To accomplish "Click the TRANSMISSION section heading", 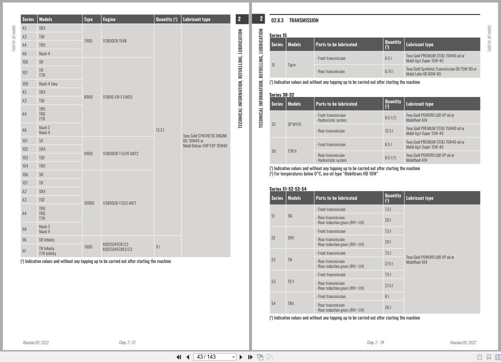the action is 304,20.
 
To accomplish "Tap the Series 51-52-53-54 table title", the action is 288,189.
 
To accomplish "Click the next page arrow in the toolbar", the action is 241,357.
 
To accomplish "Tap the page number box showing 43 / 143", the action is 215,357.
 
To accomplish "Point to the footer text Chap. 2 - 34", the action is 375,342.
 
